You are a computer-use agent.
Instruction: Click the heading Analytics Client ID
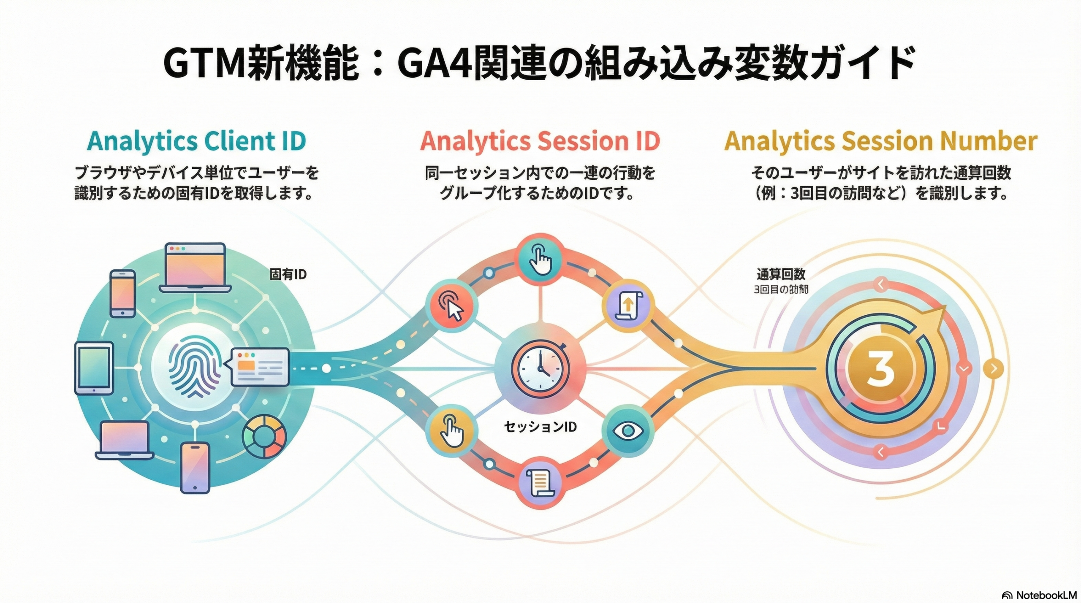tap(196, 141)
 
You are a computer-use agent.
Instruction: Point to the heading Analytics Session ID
tap(540, 141)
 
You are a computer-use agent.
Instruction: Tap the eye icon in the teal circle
tap(627, 431)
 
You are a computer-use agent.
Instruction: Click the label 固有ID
tap(288, 275)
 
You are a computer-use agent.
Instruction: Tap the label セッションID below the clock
tap(540, 427)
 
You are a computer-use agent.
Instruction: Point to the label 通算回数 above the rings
tap(781, 275)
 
